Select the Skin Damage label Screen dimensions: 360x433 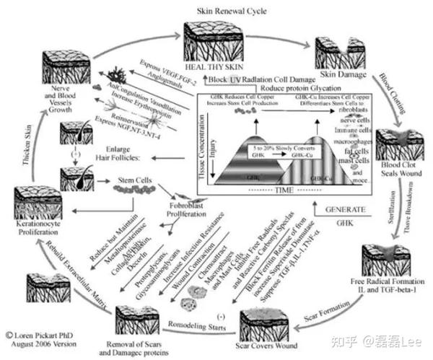click(338, 75)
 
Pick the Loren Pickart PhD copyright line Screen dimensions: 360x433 click(40, 335)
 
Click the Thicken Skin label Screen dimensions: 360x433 click(27, 145)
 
